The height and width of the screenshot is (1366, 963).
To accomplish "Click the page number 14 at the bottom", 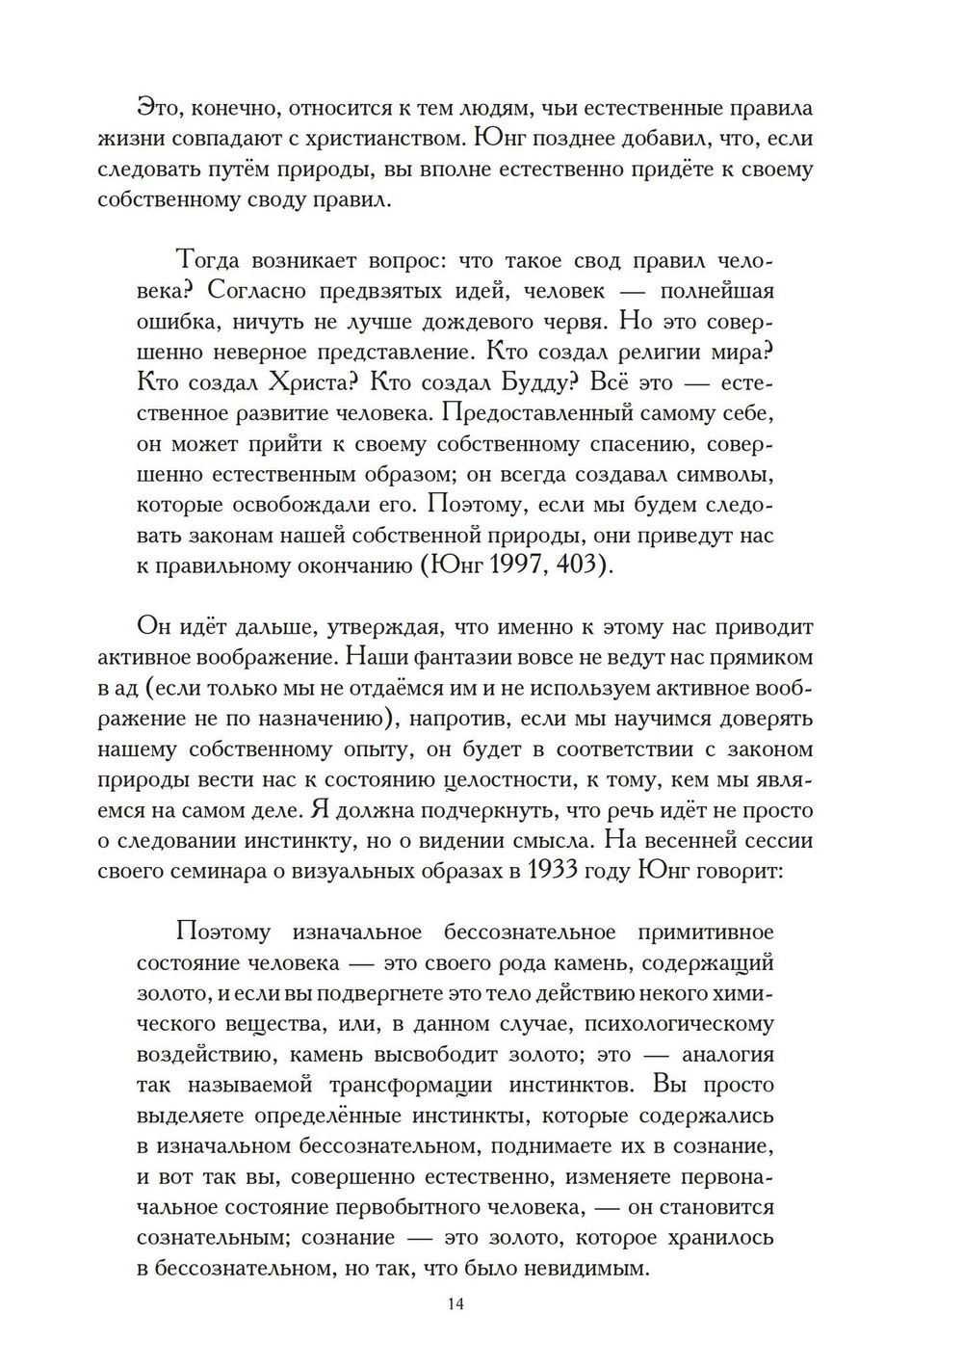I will [455, 1303].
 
